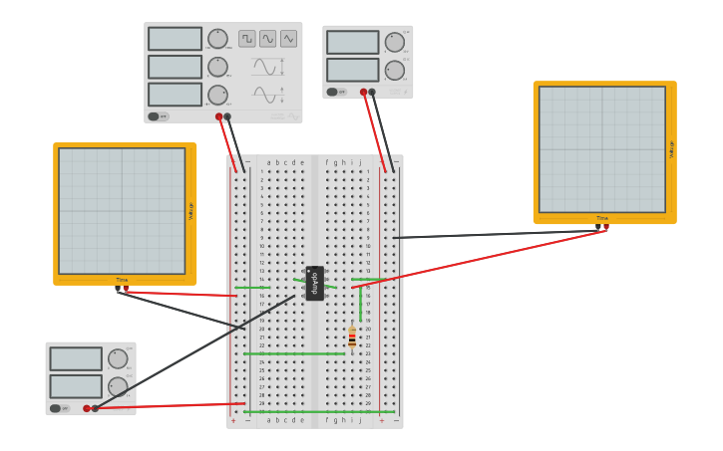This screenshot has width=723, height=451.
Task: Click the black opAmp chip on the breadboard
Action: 315,283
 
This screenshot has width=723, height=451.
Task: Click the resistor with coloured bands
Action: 352,338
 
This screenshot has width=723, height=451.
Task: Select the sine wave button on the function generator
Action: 267,39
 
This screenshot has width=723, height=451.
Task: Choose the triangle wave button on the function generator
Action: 288,39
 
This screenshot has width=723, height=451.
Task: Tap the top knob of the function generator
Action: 217,39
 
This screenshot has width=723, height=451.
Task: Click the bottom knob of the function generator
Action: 217,95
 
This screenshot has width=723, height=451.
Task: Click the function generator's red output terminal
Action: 219,116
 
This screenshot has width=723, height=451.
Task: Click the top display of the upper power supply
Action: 352,42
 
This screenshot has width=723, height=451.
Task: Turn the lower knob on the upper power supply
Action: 395,70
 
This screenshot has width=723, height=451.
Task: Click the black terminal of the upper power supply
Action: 372,92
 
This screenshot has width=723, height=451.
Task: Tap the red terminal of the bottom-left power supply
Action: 87,408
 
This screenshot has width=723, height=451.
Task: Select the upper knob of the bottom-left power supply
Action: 118,358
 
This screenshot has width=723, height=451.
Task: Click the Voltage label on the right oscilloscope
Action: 671,149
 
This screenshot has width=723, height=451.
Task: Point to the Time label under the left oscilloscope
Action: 122,280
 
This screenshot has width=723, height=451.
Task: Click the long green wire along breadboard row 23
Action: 294,353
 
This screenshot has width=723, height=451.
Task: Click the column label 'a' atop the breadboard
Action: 268,162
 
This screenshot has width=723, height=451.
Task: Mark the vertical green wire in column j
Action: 360,303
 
